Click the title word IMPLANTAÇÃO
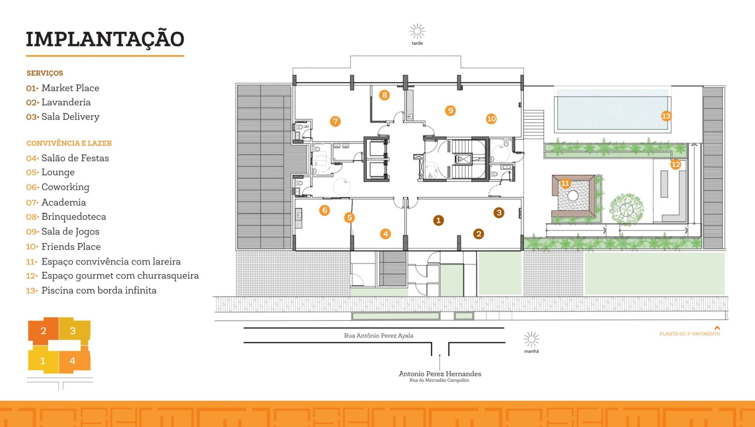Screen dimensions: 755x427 [x=105, y=39]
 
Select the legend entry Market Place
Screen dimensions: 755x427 [x=70, y=88]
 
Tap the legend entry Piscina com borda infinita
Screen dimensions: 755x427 [x=99, y=290]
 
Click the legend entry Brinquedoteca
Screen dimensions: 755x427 [x=74, y=217]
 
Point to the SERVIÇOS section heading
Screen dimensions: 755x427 [x=45, y=73]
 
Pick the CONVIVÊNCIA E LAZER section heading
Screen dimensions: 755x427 [x=69, y=143]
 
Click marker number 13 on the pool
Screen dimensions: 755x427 [x=666, y=116]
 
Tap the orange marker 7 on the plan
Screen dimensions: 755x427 [x=335, y=121]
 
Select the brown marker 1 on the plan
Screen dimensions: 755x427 [x=438, y=220]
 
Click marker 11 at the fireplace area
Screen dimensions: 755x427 [x=565, y=183]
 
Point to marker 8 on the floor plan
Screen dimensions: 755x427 [x=385, y=95]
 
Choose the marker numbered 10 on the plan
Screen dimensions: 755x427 [x=491, y=119]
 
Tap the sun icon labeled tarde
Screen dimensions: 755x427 [x=417, y=31]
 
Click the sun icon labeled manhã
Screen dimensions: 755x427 [x=531, y=339]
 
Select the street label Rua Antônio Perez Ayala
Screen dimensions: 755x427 [x=378, y=335]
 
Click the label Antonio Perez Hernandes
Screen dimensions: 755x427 [x=440, y=374]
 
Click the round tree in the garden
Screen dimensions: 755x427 [x=626, y=209]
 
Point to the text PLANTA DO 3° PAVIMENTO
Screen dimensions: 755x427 [x=690, y=334]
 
